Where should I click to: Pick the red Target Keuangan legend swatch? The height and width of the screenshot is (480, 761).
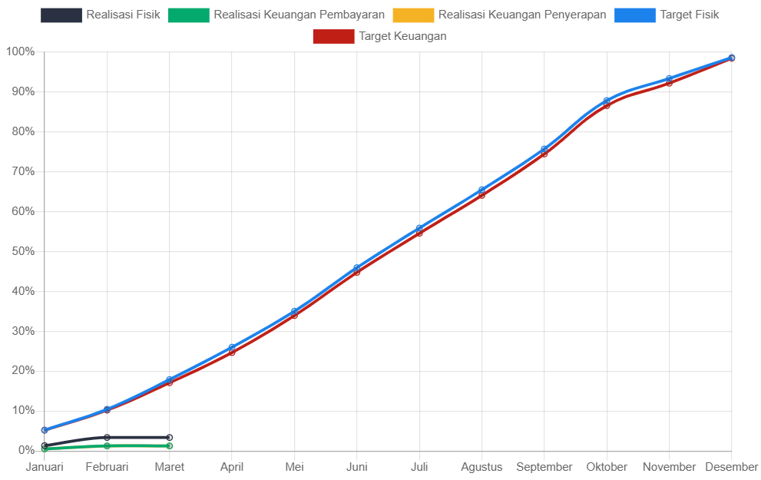(x=333, y=36)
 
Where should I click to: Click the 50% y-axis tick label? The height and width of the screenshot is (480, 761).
(x=22, y=251)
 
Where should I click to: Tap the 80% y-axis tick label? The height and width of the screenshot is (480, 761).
(x=22, y=131)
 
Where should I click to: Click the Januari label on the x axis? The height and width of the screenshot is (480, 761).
(x=45, y=467)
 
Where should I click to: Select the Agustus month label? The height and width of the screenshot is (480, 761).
(x=481, y=467)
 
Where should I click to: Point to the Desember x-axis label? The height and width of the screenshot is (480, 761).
(x=731, y=467)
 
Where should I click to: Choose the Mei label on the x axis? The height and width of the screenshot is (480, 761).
(x=294, y=467)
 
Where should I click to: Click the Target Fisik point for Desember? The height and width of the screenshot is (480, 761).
(x=732, y=58)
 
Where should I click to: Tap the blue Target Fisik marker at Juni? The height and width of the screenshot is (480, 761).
(x=357, y=268)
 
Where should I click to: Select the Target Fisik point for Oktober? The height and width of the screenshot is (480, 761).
(x=607, y=101)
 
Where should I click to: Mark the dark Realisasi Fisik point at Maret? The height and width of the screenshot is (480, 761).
(x=169, y=438)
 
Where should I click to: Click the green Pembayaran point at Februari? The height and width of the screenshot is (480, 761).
(x=107, y=445)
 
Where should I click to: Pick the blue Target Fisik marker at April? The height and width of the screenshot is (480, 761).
(x=232, y=348)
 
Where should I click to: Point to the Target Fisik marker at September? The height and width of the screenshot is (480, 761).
(x=544, y=149)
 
